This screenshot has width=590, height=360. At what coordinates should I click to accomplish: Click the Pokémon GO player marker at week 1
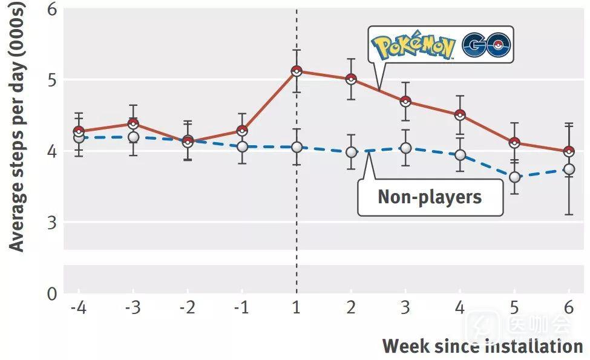297,71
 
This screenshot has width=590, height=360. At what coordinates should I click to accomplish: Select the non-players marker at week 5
514,177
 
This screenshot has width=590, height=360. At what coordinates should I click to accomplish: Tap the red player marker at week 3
405,101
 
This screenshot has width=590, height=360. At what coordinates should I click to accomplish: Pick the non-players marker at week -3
133,137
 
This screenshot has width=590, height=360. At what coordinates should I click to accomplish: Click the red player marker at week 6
569,151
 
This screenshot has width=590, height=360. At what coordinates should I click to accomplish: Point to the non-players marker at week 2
351,152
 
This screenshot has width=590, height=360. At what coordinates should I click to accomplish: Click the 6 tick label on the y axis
51,10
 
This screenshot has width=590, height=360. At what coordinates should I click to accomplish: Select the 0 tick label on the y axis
51,294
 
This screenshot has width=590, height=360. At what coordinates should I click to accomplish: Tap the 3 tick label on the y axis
51,222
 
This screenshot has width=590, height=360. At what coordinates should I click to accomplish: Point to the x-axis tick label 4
460,307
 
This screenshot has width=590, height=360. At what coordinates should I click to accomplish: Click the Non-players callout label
430,197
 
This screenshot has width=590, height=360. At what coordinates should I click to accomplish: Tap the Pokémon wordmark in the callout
413,46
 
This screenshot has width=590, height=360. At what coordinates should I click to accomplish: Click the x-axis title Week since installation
482,346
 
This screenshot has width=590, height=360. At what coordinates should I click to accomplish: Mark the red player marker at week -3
133,124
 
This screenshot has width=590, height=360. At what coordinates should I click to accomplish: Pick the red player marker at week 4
460,115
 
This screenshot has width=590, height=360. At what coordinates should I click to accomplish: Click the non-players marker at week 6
569,169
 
